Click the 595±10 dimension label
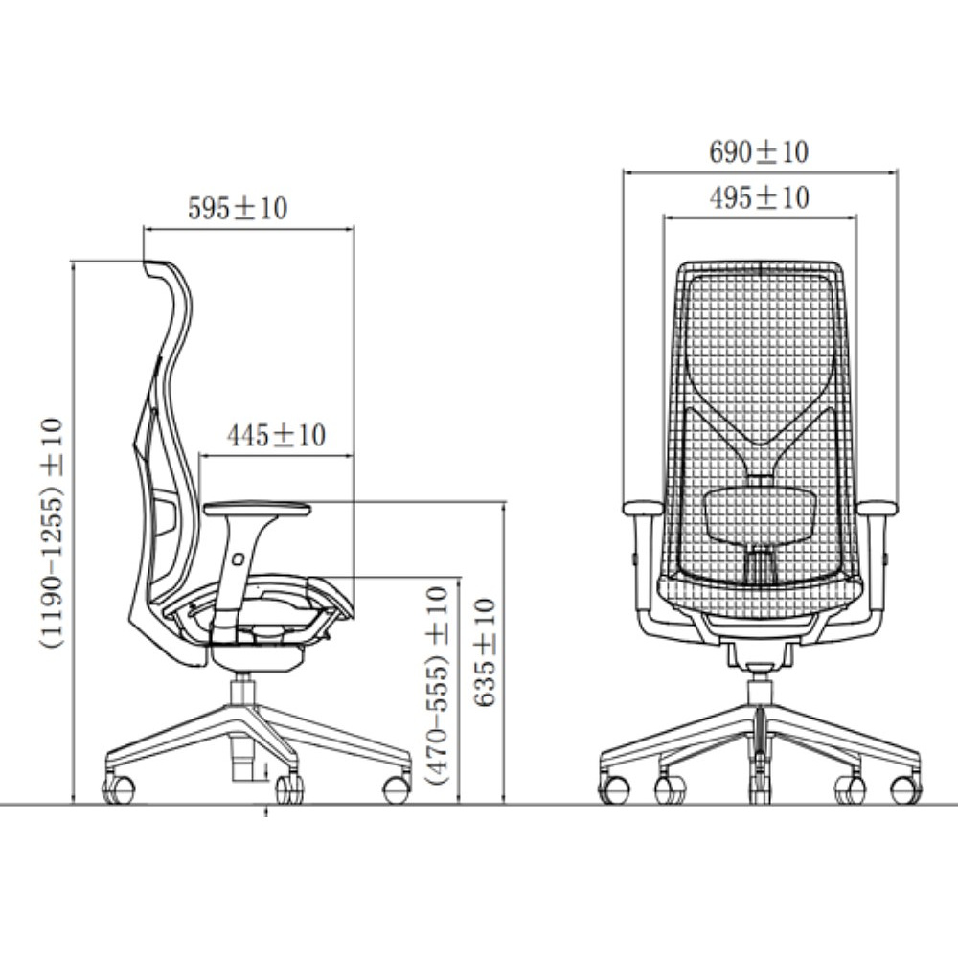[237, 208]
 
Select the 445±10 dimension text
[276, 435]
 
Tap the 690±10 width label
[759, 152]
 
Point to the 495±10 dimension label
[760, 198]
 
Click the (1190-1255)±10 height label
[52, 532]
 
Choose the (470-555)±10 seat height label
[438, 685]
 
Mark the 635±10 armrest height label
[485, 652]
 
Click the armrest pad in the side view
[257, 509]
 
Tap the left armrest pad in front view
[643, 509]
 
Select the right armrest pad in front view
[877, 509]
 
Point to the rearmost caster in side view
[118, 788]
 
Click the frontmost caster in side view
[398, 789]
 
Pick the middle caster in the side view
[289, 788]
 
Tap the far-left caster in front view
[615, 789]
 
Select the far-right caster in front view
[906, 789]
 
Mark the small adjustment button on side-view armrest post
[238, 559]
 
